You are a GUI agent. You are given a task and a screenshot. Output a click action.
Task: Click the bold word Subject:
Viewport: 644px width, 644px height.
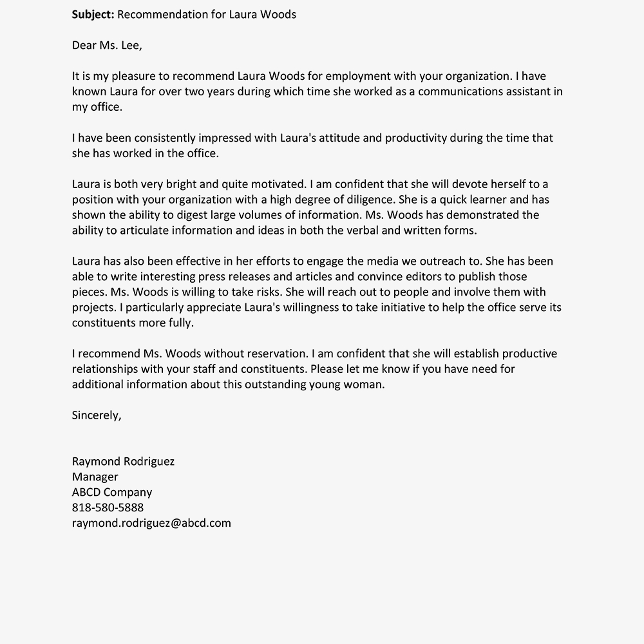pos(93,14)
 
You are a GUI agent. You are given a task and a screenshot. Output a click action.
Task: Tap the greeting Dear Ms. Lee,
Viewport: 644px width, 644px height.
pos(107,45)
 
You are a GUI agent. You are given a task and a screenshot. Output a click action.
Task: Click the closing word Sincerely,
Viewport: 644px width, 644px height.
pos(97,415)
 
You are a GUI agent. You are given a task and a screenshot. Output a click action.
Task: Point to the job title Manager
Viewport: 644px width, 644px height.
pos(95,477)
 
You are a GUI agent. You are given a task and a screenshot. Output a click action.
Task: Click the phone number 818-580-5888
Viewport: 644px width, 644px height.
pos(108,507)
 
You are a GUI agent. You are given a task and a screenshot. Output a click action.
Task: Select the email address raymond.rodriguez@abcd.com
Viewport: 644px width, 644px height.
pos(151,523)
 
